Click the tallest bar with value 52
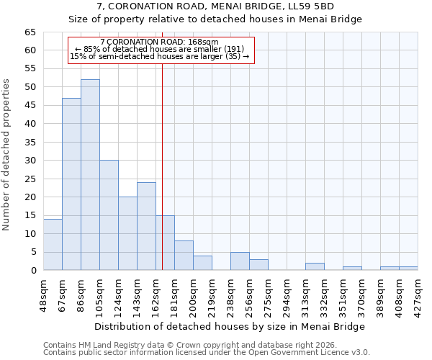[x=90, y=175]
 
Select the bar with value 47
[x=71, y=184]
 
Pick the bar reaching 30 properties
[x=109, y=215]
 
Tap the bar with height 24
[x=146, y=226]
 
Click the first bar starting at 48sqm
[x=53, y=245]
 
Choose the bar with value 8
[x=184, y=256]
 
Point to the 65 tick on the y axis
[x=30, y=32]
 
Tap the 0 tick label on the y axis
[x=32, y=271]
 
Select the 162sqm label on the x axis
[x=156, y=296]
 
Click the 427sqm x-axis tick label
[x=418, y=296]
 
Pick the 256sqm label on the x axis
[x=249, y=296]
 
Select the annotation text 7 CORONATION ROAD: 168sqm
[x=160, y=42]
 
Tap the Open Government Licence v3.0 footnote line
[x=207, y=352]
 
